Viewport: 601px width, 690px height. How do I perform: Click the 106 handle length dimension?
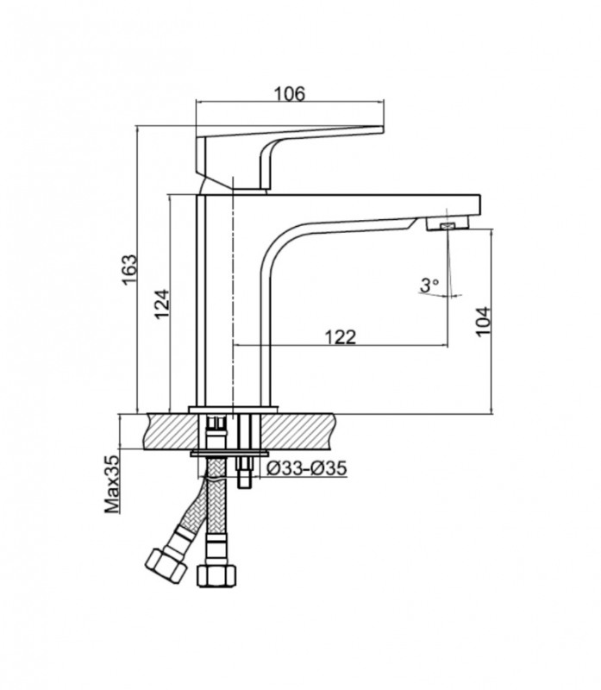(x=289, y=94)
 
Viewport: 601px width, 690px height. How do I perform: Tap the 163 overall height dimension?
(x=129, y=269)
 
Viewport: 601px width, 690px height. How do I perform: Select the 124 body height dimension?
(x=161, y=304)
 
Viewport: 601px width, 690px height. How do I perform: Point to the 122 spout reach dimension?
(x=340, y=337)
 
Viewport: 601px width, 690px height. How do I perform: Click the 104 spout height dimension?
(x=483, y=321)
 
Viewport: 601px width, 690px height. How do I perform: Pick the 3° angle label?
(x=429, y=285)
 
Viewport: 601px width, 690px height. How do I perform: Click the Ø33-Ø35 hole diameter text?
(x=307, y=467)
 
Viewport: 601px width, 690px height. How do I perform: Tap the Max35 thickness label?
(x=112, y=485)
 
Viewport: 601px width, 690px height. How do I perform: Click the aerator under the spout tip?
(x=448, y=225)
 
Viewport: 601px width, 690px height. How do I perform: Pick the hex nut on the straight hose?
(x=216, y=575)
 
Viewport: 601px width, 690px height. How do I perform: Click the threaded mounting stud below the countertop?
(x=244, y=473)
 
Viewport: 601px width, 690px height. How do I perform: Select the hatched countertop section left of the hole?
(x=175, y=432)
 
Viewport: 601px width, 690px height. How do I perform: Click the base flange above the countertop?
(x=233, y=409)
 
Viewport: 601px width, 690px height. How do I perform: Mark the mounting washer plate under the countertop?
(x=229, y=454)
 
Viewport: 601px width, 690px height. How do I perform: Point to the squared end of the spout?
(x=475, y=207)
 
